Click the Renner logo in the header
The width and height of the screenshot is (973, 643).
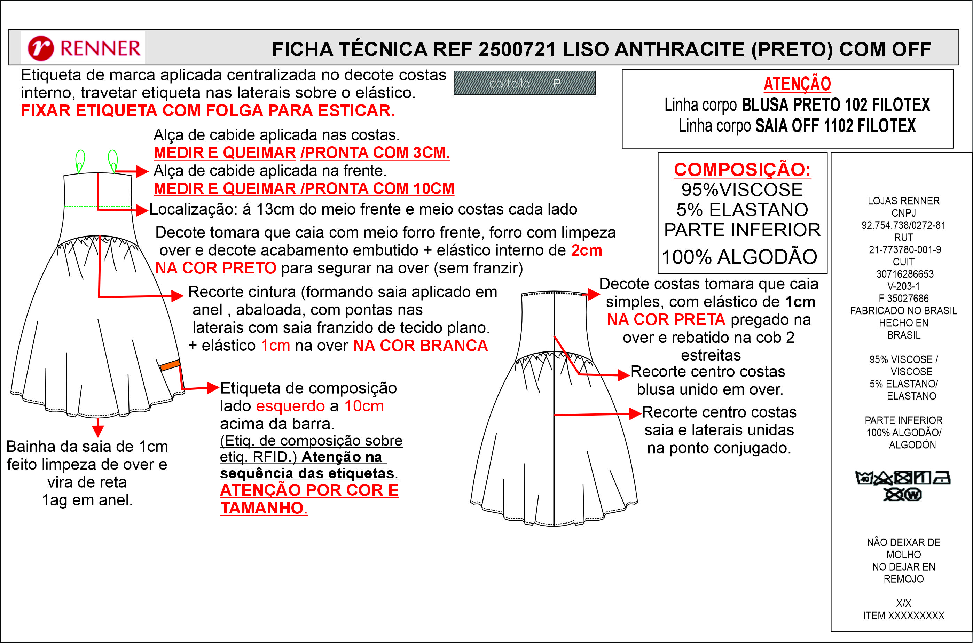pos(84,48)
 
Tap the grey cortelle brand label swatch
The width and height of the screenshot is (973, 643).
pos(524,83)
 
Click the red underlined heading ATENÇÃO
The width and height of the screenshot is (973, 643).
pos(797,84)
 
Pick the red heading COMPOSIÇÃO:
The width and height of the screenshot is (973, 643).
pos(742,170)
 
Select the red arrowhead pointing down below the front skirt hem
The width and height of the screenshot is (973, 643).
pos(97,431)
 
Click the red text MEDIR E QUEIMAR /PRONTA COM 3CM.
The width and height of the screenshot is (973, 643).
pos(302,153)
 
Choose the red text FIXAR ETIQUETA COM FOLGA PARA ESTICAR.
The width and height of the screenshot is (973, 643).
pos(208,111)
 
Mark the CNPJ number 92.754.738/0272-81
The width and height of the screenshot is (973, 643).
pos(903,225)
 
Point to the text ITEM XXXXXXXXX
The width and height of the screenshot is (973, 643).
pos(903,616)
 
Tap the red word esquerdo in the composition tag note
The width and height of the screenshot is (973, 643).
pos(290,406)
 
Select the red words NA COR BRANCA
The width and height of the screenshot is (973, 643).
pos(420,346)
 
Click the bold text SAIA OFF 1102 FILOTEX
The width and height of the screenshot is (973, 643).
pos(835,126)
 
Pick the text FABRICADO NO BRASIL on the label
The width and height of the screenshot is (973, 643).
pos(903,311)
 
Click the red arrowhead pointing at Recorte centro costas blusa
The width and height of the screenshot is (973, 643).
pos(623,375)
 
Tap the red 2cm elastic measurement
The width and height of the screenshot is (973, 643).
pos(587,250)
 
